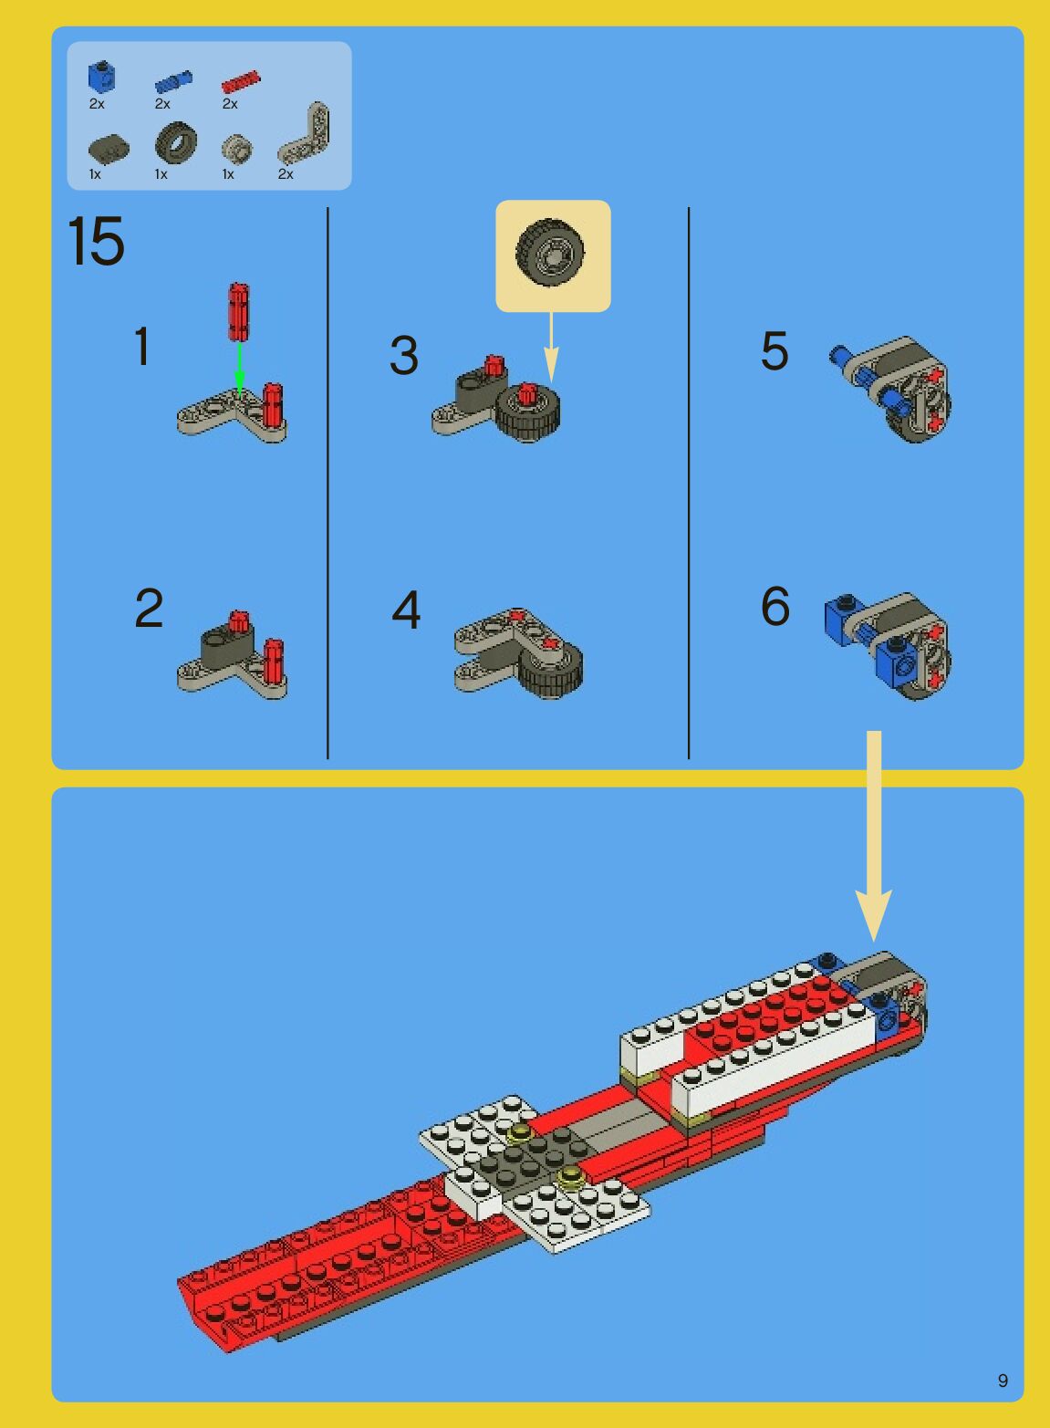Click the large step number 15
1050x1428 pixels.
click(96, 241)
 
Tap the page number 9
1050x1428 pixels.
click(1003, 1381)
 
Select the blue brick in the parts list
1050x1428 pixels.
click(101, 78)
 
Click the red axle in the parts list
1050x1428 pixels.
click(241, 82)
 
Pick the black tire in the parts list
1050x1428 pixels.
click(176, 142)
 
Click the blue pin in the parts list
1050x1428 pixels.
click(173, 82)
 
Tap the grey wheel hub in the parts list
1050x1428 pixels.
click(236, 149)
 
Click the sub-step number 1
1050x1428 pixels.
click(142, 346)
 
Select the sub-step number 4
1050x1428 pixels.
click(406, 610)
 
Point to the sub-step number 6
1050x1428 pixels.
click(775, 606)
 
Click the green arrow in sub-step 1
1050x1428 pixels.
click(240, 369)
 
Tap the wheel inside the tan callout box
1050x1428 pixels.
click(550, 253)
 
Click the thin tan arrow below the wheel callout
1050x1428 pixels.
click(551, 347)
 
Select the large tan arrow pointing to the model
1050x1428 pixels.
click(874, 836)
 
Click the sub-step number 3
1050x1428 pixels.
click(404, 355)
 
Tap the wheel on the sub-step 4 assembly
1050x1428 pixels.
click(551, 671)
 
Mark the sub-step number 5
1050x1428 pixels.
click(775, 350)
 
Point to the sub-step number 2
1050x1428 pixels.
click(149, 609)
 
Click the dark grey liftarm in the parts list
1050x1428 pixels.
click(109, 147)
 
